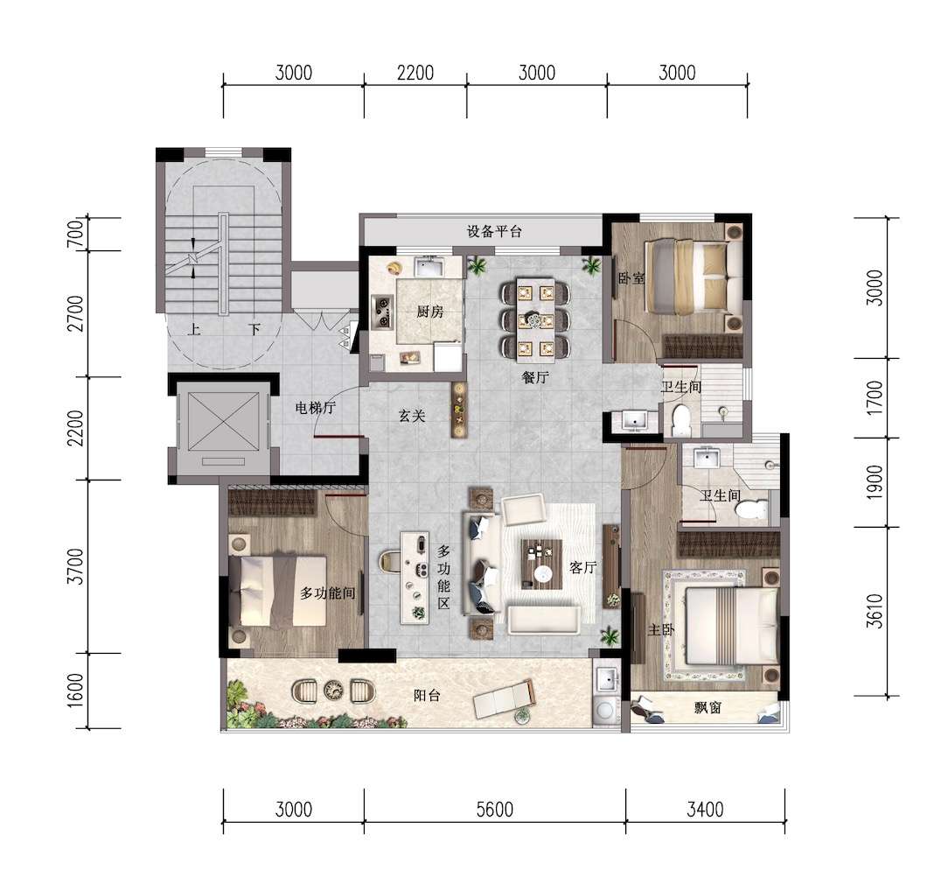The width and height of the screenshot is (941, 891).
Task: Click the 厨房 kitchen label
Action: (x=430, y=312)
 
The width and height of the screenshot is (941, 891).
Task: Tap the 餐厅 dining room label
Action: (x=535, y=378)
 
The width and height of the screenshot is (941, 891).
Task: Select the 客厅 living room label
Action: (x=582, y=568)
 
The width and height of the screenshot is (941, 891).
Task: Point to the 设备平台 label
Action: (x=494, y=231)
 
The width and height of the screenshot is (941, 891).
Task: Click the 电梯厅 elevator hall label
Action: (x=316, y=408)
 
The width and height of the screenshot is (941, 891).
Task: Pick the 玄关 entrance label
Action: (x=412, y=416)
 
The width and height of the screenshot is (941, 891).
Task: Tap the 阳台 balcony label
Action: (x=427, y=696)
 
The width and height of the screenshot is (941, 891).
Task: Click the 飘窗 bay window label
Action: (x=707, y=708)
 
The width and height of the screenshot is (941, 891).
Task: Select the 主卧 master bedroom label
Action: (x=661, y=629)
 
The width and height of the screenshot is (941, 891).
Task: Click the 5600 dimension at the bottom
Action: (x=494, y=810)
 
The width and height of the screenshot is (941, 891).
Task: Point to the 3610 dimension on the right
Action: (x=875, y=611)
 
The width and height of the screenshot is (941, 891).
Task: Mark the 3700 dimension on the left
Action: (x=76, y=566)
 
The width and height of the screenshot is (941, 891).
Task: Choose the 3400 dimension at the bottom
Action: (x=705, y=810)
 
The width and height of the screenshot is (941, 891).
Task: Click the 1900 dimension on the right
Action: (x=875, y=482)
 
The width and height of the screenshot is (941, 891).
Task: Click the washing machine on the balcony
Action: (x=605, y=710)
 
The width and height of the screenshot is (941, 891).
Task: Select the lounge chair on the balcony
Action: (x=504, y=700)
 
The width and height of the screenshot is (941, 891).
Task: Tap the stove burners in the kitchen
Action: (x=381, y=312)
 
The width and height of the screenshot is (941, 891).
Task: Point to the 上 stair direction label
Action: (x=193, y=329)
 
